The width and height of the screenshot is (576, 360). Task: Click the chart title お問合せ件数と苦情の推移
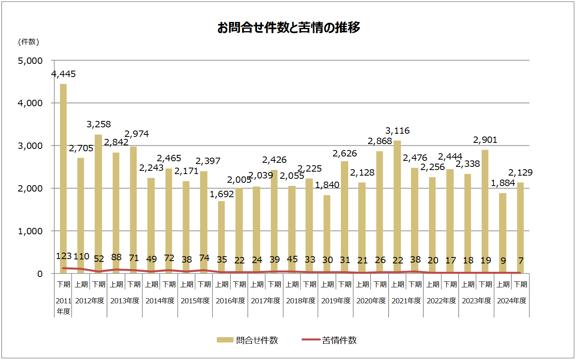coord(288,28)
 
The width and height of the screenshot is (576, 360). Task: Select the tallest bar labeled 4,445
coord(63,176)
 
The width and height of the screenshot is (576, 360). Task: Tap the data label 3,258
coord(99,124)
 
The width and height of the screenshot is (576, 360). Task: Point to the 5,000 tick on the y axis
coord(30,61)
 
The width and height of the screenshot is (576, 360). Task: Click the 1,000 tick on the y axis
coord(30,231)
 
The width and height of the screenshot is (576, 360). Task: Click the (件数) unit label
coord(28,42)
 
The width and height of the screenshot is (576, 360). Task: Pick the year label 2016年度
coord(230,301)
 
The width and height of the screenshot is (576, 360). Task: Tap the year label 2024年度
coord(512,301)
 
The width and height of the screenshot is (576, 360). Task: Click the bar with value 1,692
coord(221,235)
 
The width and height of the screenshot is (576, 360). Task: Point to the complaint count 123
coord(64,256)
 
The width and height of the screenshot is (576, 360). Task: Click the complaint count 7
coord(521,261)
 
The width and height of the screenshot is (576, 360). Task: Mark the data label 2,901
coord(485,140)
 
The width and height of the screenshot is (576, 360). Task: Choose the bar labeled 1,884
coord(503,231)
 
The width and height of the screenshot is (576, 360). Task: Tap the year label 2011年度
coord(63,306)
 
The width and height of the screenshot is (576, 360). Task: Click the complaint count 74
coord(204,258)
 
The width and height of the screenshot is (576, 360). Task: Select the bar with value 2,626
coord(344,216)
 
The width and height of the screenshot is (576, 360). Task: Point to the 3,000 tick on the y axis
coord(30,146)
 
